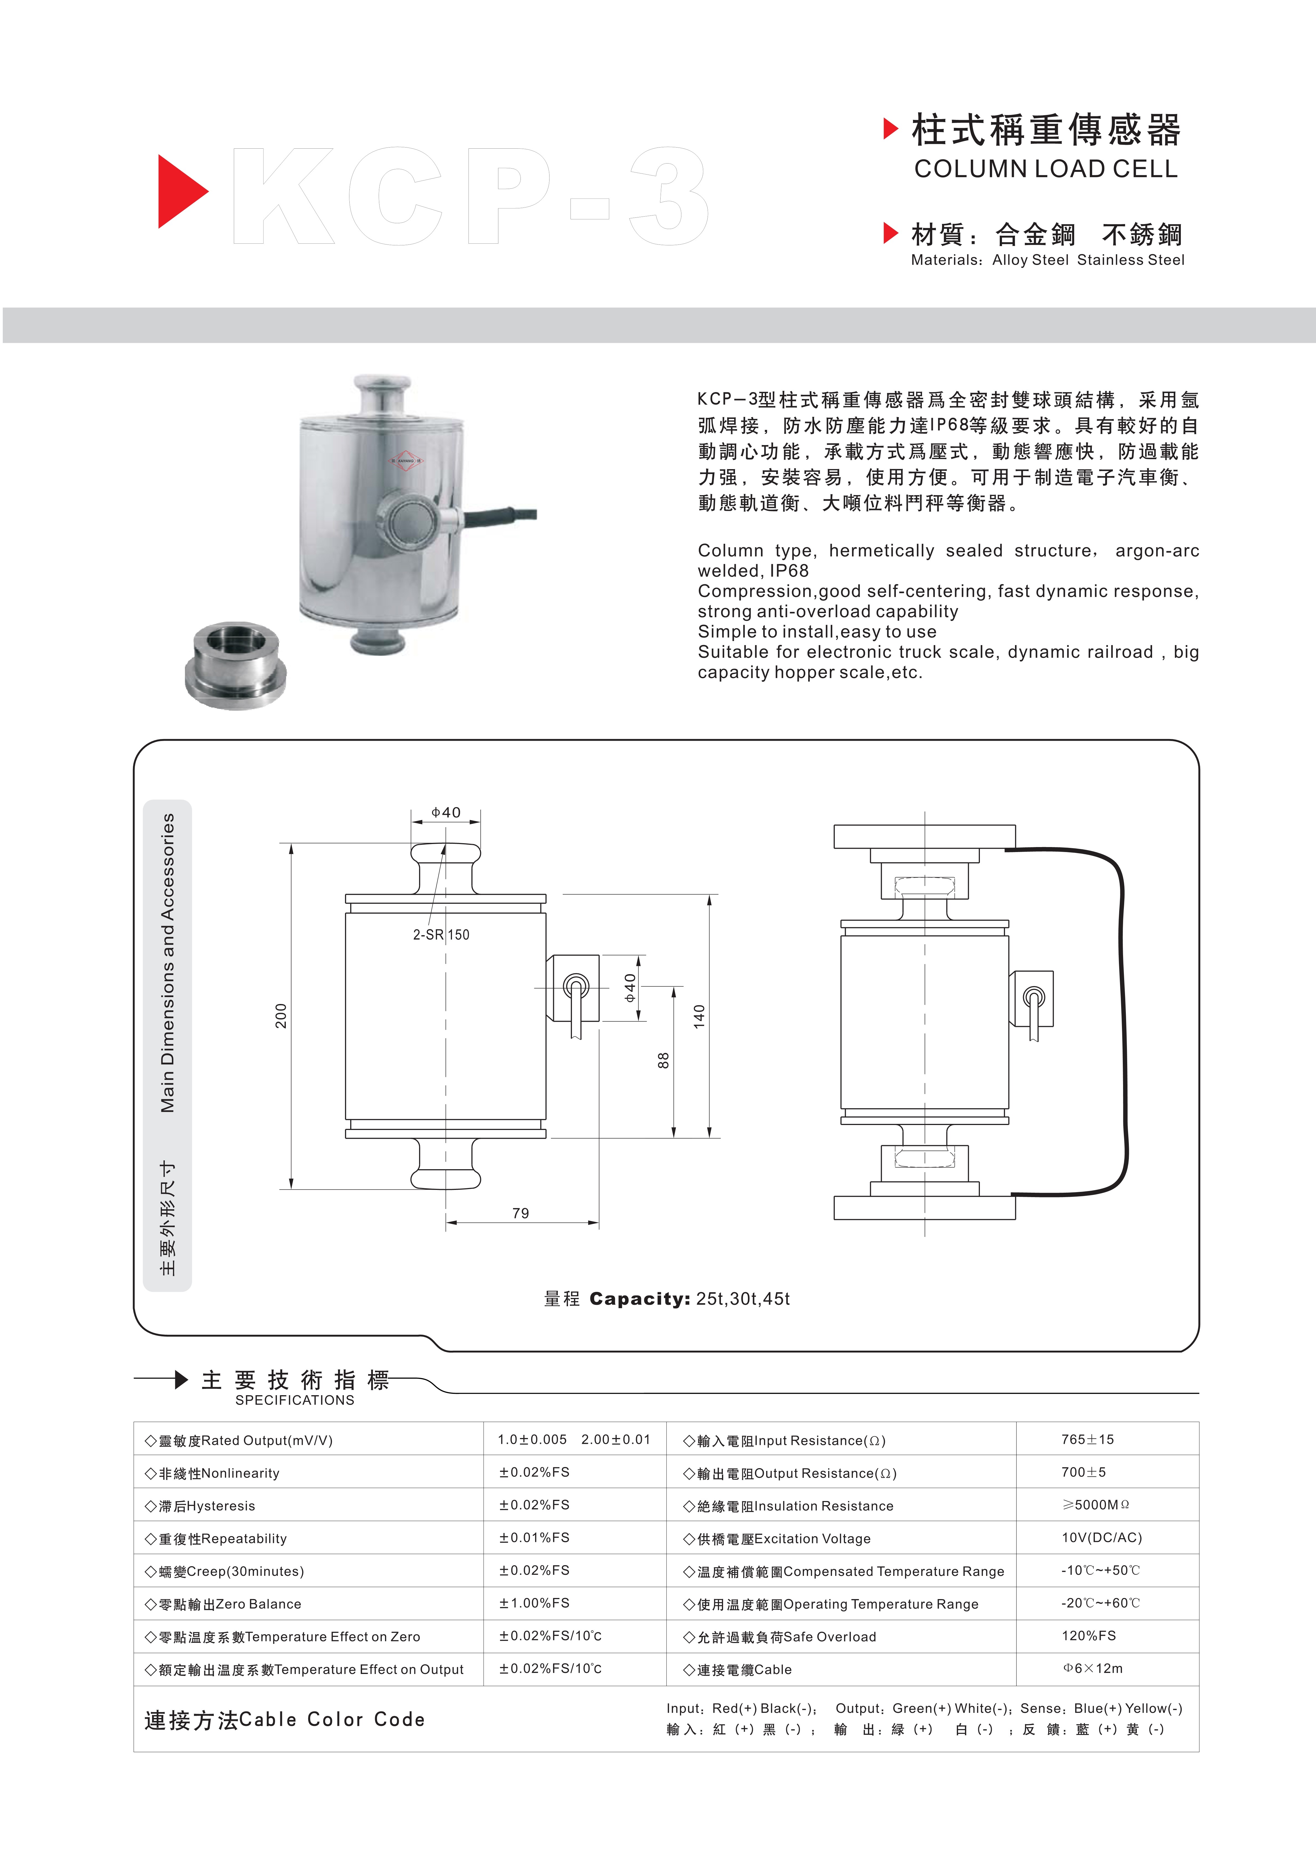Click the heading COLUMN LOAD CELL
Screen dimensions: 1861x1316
[x=1045, y=169]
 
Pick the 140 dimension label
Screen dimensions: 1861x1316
[x=699, y=1016]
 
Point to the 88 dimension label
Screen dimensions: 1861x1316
[x=663, y=1060]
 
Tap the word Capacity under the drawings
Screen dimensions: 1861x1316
[x=639, y=1299]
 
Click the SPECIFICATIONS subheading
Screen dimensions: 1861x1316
[x=294, y=1400]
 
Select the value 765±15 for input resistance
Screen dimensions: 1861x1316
[x=1087, y=1439]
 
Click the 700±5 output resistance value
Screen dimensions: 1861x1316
[x=1083, y=1472]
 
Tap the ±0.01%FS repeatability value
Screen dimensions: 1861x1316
[x=534, y=1537]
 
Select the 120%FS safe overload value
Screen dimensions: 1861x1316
[x=1088, y=1636]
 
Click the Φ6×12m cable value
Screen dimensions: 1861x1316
[x=1092, y=1668]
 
